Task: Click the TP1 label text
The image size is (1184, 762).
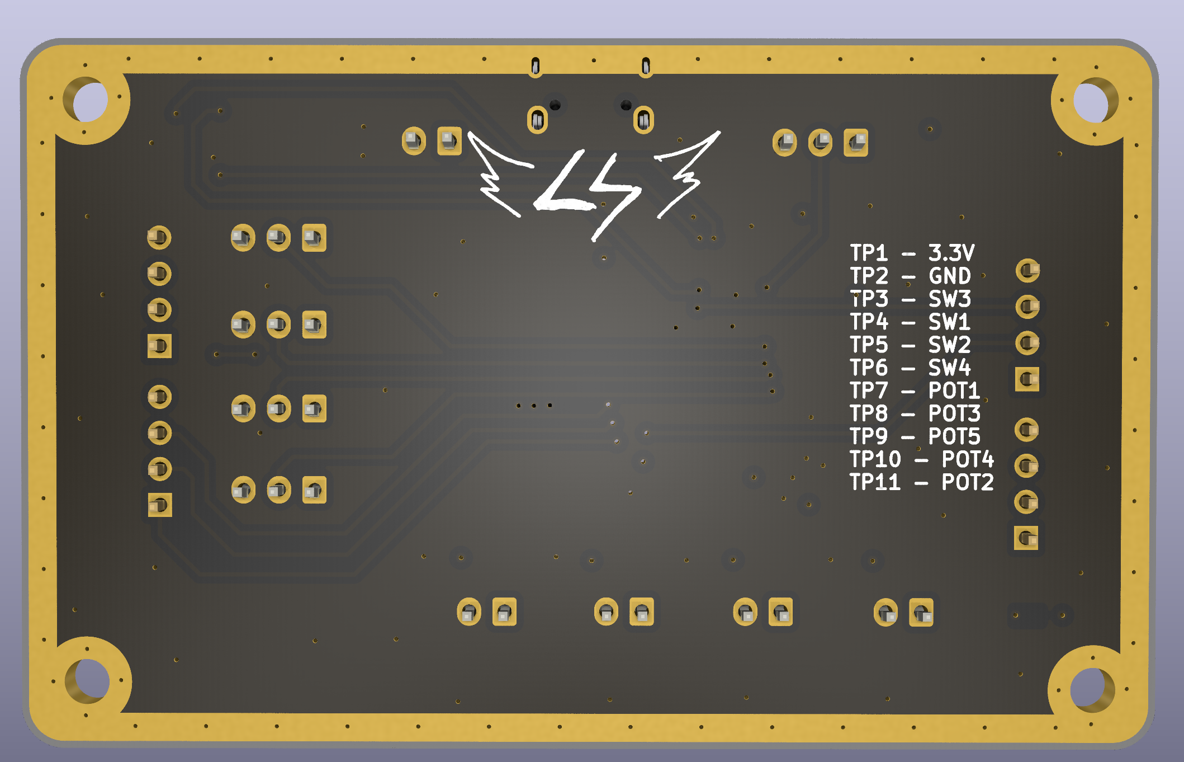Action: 868,253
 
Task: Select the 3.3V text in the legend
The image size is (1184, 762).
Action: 951,253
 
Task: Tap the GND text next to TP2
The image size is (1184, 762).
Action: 949,276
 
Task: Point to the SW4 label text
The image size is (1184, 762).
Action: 949,368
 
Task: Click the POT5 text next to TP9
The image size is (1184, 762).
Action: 954,436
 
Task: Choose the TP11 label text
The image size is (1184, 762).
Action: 875,482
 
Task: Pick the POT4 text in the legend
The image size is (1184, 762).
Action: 967,459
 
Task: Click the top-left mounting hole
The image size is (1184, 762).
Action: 89,101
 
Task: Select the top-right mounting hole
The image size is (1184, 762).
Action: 1090,102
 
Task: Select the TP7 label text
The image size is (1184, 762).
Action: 868,391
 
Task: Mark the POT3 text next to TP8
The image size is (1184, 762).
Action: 954,413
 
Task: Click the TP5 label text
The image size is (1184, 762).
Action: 868,345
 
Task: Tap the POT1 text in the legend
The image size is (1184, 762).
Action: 954,391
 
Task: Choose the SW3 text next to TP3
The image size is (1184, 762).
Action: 949,299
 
